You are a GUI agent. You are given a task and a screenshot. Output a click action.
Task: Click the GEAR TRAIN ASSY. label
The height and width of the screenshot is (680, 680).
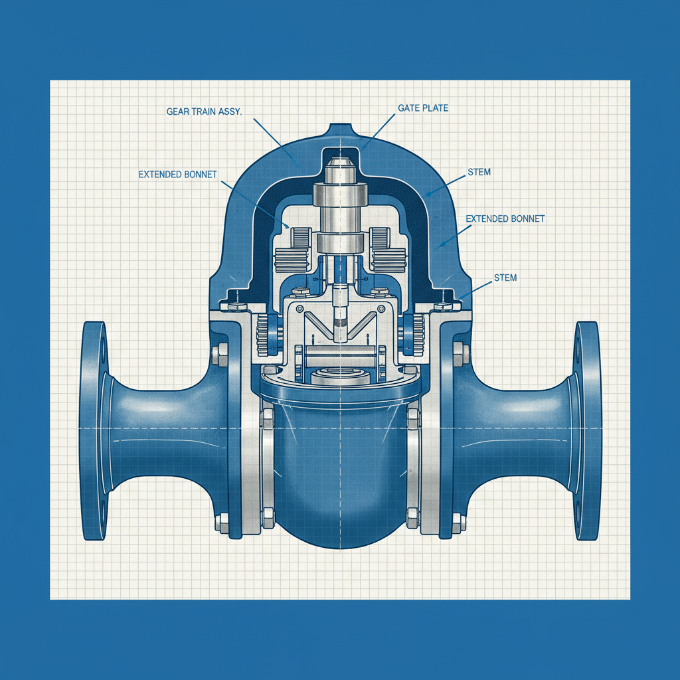pyautogui.click(x=204, y=112)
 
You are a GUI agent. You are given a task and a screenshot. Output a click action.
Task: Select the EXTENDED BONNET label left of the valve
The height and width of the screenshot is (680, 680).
pyautogui.click(x=177, y=175)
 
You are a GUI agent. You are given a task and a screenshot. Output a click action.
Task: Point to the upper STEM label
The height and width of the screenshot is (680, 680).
pyautogui.click(x=479, y=173)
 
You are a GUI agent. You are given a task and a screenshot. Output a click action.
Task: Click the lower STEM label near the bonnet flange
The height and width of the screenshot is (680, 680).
pyautogui.click(x=505, y=278)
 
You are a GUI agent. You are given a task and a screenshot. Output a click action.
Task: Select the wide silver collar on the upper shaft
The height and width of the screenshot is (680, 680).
pyautogui.click(x=339, y=196)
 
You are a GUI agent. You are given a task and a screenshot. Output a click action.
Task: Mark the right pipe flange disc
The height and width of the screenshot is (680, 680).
pyautogui.click(x=588, y=430)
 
